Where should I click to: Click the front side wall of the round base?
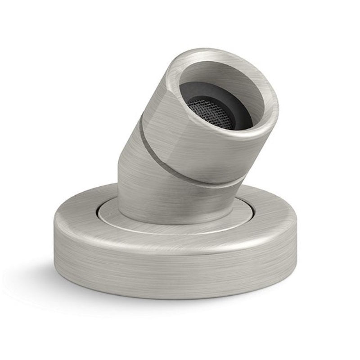[x=180, y=270]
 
